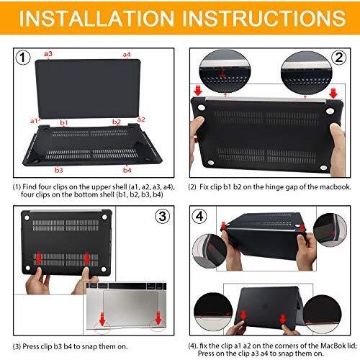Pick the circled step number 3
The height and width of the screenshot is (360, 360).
[161, 215]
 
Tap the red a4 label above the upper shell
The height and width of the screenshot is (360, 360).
[127, 54]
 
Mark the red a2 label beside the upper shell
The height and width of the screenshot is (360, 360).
[141, 120]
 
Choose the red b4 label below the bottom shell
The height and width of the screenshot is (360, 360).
[127, 170]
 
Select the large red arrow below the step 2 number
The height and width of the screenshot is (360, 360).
[334, 93]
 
